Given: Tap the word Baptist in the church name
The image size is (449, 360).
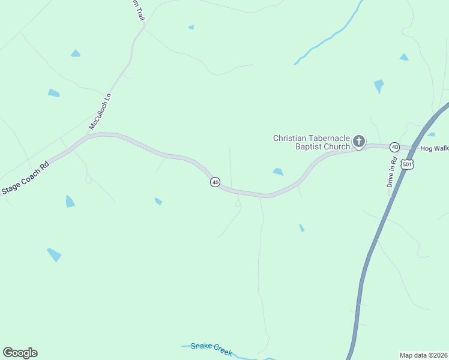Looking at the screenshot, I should click(x=309, y=146).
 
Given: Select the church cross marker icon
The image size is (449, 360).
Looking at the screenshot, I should click(x=358, y=142).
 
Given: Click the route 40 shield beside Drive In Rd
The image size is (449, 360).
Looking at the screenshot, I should click(x=394, y=147).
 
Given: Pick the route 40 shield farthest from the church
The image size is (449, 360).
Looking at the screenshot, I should click(x=215, y=182).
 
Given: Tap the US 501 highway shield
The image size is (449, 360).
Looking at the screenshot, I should click(x=408, y=164).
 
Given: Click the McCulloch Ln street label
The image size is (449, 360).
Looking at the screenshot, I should click(x=100, y=112).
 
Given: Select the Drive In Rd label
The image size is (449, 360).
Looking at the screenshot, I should click(x=392, y=173).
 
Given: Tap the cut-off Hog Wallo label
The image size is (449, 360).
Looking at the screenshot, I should click(x=434, y=148).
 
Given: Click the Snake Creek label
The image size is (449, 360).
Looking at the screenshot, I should click(x=211, y=349).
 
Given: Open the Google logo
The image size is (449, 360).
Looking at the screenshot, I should click(x=20, y=353).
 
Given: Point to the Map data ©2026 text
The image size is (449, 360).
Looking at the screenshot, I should click(x=423, y=355).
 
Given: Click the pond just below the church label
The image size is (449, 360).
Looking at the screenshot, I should click(x=278, y=172).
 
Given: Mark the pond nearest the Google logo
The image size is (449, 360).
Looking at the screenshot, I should click(x=55, y=255).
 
